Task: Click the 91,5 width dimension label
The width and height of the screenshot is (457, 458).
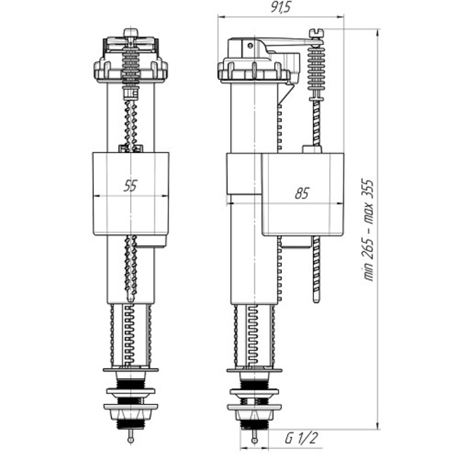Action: click(x=281, y=7)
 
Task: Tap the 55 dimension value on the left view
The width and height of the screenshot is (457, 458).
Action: click(x=130, y=186)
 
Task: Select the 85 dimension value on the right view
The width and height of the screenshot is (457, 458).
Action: click(x=302, y=193)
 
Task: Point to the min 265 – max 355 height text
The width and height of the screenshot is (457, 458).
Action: click(x=369, y=231)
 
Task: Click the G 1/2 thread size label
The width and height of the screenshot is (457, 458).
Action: click(x=301, y=438)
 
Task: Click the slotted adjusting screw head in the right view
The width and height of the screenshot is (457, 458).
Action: click(x=316, y=32)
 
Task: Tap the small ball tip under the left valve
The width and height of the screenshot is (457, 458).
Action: click(x=131, y=440)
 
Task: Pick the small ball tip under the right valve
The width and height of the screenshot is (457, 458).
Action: click(x=254, y=441)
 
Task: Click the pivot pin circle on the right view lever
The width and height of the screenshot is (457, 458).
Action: click(x=250, y=46)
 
